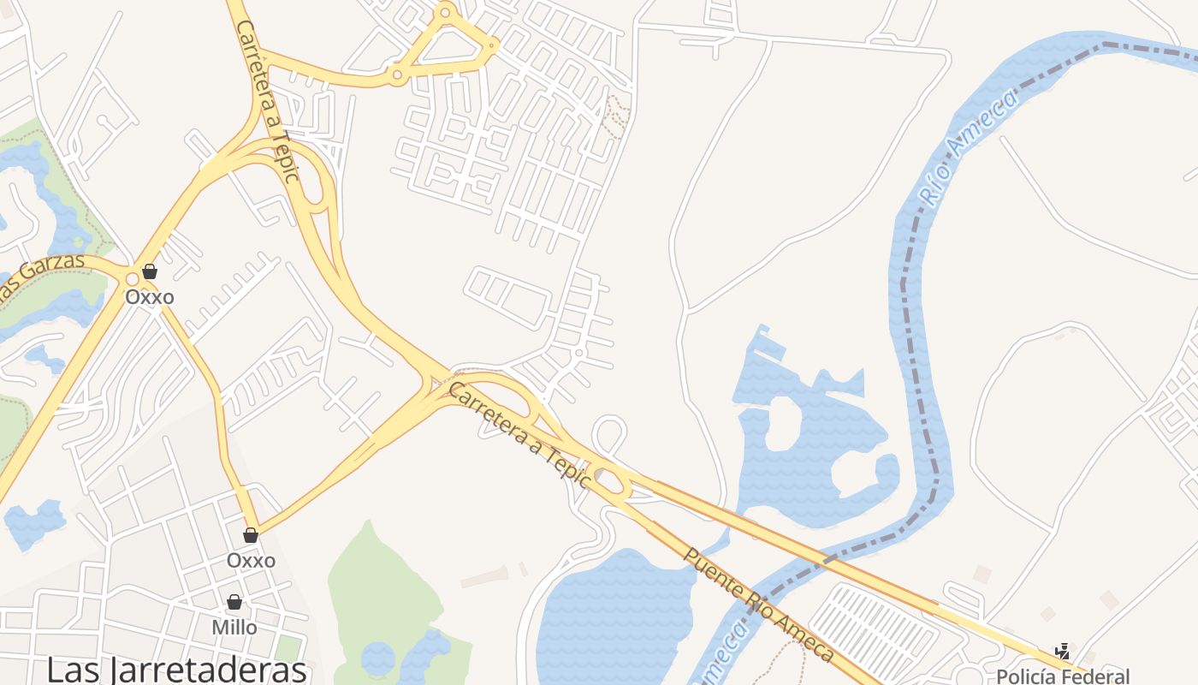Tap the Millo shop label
click(x=234, y=628)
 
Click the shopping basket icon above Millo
click(x=234, y=602)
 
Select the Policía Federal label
click(x=1063, y=676)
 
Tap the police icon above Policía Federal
click(x=1062, y=652)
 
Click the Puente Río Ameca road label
click(x=757, y=604)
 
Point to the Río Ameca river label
click(x=970, y=147)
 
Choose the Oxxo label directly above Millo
click(x=251, y=560)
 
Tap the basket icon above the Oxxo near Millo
click(x=251, y=535)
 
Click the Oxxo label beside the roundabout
click(x=150, y=297)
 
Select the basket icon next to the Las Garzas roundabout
click(x=150, y=272)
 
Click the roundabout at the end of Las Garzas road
click(x=133, y=278)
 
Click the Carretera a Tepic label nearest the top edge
click(x=268, y=101)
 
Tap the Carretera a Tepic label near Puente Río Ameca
click(x=519, y=435)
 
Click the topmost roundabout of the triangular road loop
click(x=445, y=12)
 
